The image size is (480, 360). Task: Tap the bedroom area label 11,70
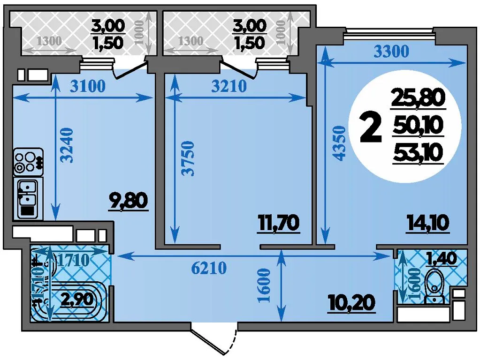coord(278,223)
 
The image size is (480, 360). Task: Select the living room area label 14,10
coord(427,223)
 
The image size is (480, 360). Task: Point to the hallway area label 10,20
coord(352,303)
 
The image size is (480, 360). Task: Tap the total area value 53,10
coord(419,152)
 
